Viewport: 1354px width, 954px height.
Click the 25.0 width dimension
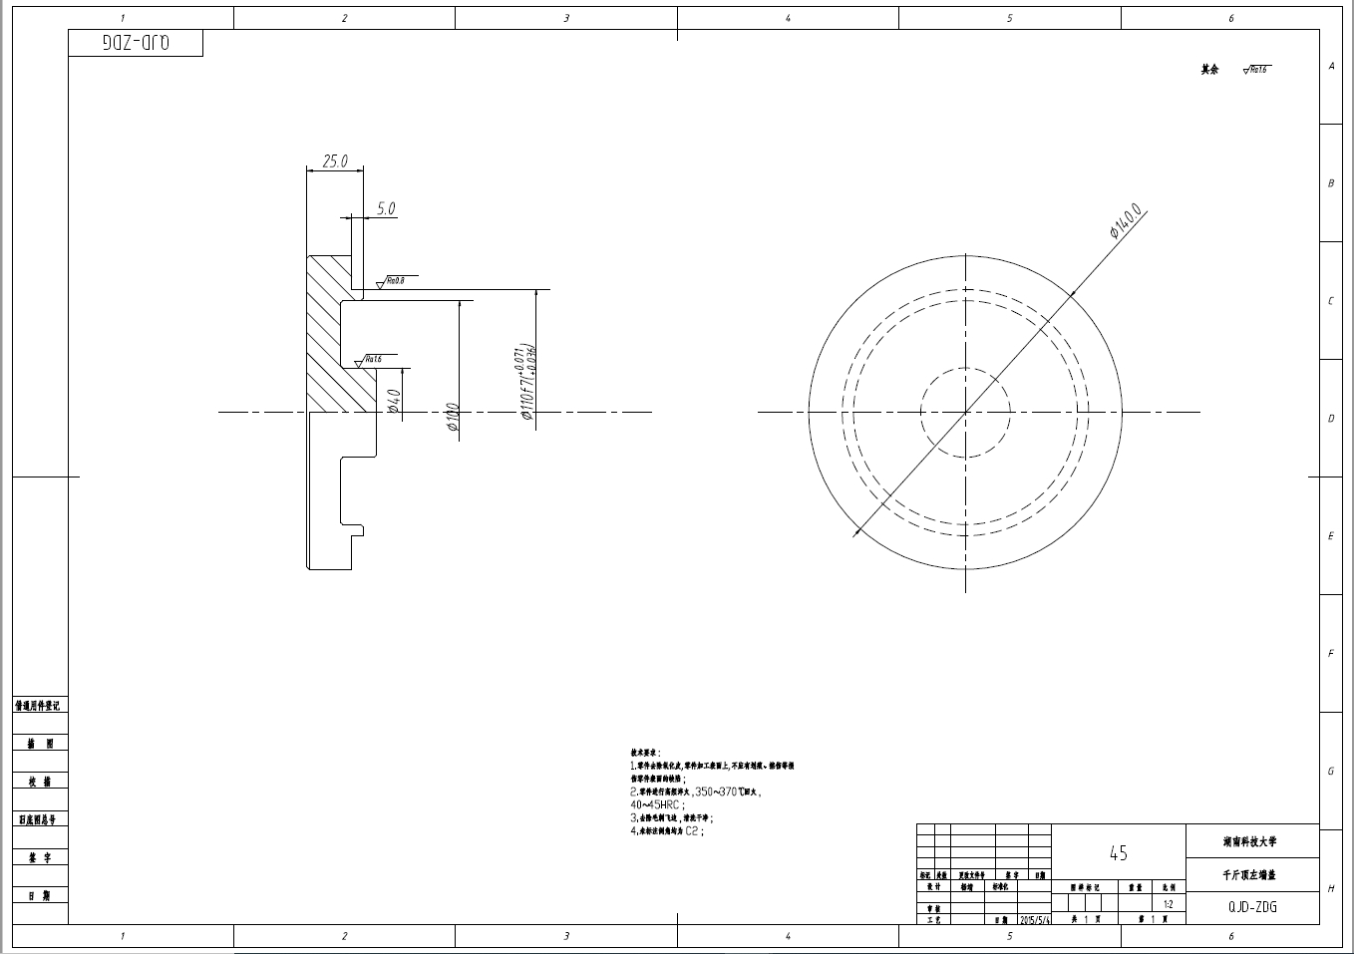(335, 160)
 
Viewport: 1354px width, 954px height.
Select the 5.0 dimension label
(386, 208)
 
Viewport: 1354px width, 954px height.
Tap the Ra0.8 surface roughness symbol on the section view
(391, 282)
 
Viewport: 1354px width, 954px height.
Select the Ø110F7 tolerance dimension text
(527, 385)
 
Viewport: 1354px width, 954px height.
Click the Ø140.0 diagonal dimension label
(1126, 222)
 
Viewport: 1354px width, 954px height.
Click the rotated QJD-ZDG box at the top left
(136, 44)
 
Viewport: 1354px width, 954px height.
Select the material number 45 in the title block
(1118, 853)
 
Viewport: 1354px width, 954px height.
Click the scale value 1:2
(1168, 905)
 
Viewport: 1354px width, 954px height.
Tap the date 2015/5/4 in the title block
(1035, 921)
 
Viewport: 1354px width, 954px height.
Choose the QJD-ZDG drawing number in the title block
(1252, 907)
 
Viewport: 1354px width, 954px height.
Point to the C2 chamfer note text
(693, 829)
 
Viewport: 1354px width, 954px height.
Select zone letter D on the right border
(1330, 419)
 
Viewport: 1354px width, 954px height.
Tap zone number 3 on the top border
(566, 18)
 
